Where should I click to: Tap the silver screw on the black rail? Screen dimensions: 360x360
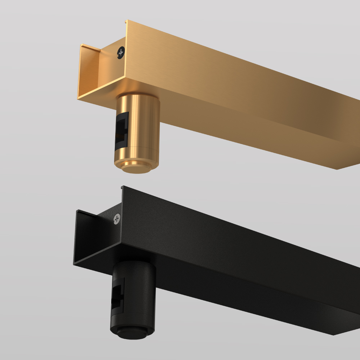pyautogui.click(x=117, y=218)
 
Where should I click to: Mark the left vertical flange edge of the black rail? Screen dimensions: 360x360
pyautogui.click(x=76, y=238)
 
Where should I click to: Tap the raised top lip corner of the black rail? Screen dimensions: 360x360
pyautogui.click(x=122, y=188)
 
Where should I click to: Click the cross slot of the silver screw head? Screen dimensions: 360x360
pyautogui.click(x=117, y=218)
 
